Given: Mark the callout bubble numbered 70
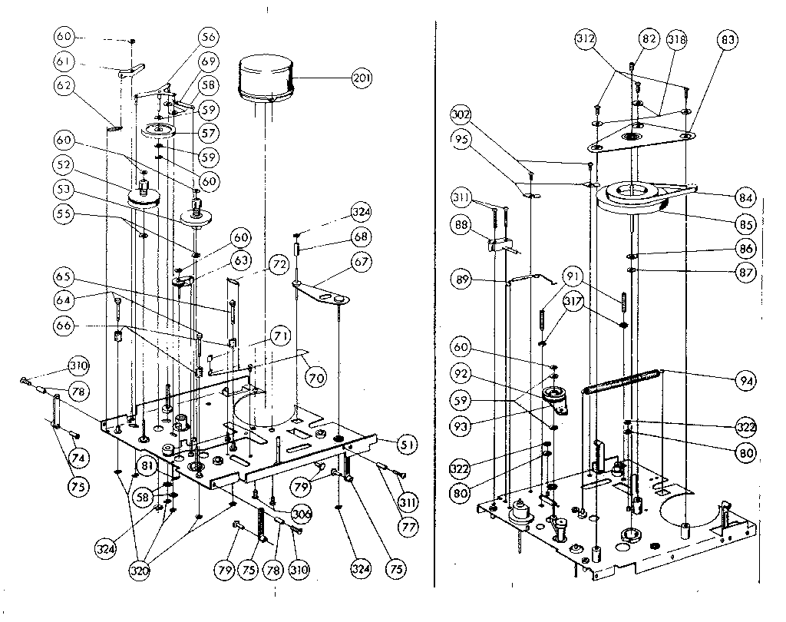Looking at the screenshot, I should coord(315,377).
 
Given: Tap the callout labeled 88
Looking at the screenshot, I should coord(461,225).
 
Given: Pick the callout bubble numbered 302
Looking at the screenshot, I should coord(461,115).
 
